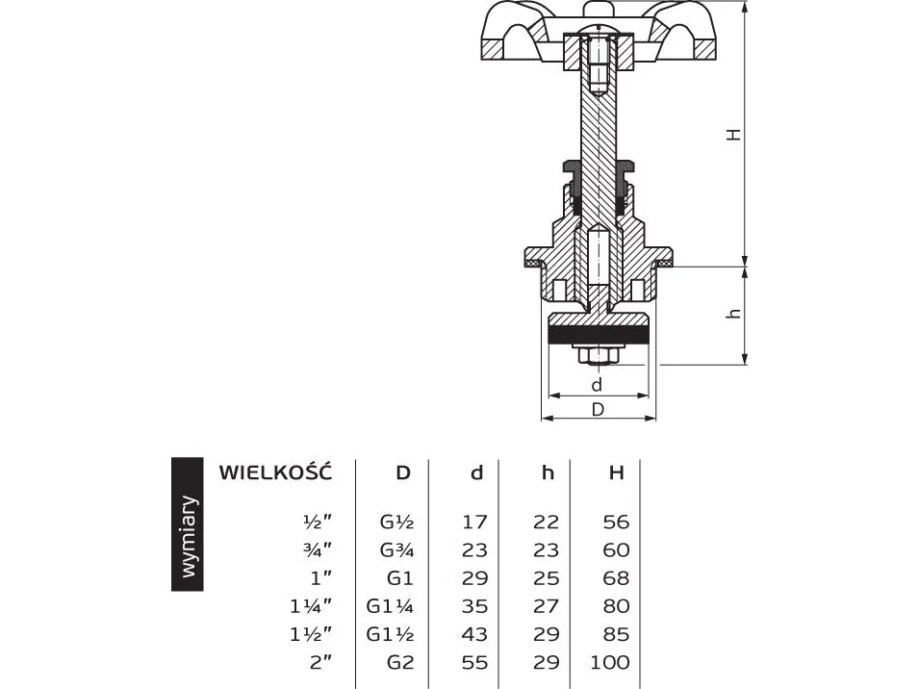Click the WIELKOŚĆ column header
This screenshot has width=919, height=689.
(275, 472)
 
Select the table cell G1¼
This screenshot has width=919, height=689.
(390, 606)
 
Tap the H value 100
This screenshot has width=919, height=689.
(610, 662)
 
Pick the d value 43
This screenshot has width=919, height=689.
(474, 634)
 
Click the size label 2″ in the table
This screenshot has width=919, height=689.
(320, 662)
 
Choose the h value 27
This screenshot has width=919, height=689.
(546, 606)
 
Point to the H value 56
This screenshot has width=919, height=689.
(617, 522)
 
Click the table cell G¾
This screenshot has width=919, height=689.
(396, 549)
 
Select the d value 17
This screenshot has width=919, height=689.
(474, 522)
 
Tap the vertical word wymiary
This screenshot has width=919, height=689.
(189, 536)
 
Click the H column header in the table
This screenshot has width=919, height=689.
(616, 472)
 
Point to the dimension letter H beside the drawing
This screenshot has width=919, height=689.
(733, 134)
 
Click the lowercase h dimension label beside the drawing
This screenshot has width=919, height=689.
(733, 314)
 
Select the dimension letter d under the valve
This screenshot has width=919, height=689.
(597, 385)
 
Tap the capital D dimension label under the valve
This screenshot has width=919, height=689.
(598, 410)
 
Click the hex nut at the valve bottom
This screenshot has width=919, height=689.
(598, 356)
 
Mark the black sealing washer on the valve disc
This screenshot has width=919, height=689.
(599, 335)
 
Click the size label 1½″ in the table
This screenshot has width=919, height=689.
(311, 634)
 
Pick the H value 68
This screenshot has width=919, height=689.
(617, 577)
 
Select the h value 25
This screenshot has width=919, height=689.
(546, 577)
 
